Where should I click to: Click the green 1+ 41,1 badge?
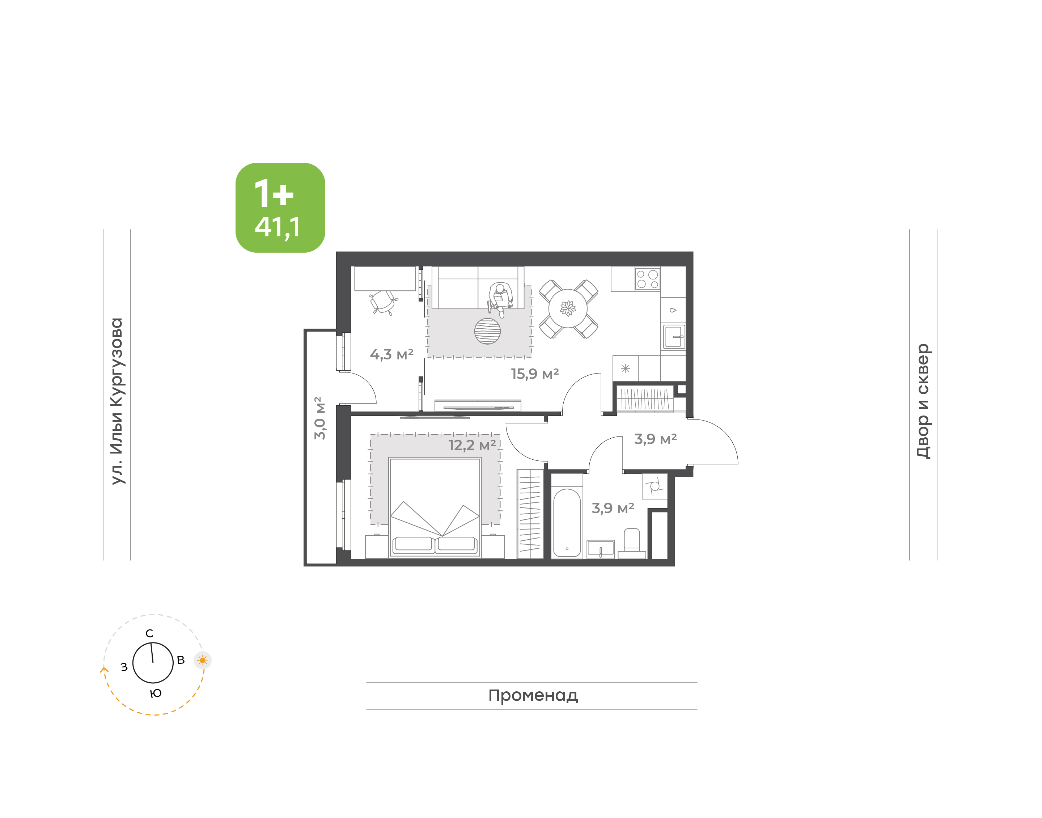point(280,207)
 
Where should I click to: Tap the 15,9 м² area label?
point(535,374)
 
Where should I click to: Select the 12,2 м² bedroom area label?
point(472,446)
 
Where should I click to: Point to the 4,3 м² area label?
point(391,354)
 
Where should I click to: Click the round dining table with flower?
point(568,308)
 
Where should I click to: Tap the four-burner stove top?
point(648,279)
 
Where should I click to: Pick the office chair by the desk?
point(384,302)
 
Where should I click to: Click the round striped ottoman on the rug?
point(487,331)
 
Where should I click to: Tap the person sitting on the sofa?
point(500,298)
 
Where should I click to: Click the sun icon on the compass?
point(203,661)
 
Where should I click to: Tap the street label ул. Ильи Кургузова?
point(117,401)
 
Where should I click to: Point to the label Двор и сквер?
point(923,401)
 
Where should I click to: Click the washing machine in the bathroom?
point(654,486)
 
